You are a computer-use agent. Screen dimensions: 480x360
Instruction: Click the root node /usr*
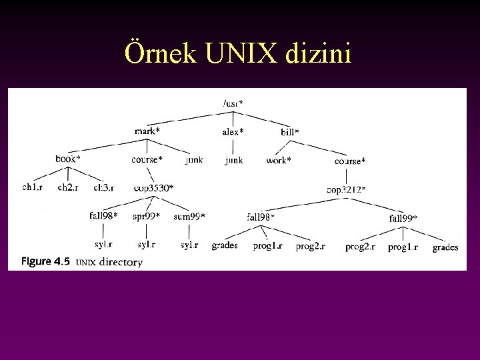tap(233, 103)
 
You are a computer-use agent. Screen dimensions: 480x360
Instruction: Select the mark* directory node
tap(147, 131)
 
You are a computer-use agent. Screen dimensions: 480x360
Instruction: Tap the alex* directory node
tap(233, 132)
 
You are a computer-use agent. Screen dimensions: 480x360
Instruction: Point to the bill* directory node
tap(290, 132)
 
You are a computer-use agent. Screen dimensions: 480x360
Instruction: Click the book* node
tap(68, 159)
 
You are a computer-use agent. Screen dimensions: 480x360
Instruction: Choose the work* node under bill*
tap(279, 160)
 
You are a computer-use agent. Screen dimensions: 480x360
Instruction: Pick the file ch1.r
tap(32, 188)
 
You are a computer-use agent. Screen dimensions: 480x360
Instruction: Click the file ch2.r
tap(67, 188)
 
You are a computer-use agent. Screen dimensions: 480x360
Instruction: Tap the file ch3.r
tap(103, 188)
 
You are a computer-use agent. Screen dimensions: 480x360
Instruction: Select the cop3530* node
tap(153, 188)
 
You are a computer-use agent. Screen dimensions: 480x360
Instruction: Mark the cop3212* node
tap(346, 189)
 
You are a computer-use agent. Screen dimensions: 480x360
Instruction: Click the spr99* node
tap(146, 216)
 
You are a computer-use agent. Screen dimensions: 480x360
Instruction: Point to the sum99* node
tap(189, 216)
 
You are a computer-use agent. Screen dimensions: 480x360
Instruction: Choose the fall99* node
tap(403, 218)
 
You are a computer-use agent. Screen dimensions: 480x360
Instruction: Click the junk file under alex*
tap(233, 160)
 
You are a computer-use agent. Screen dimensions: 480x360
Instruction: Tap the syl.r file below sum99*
tap(189, 245)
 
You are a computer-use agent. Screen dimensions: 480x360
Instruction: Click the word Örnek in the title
tap(160, 54)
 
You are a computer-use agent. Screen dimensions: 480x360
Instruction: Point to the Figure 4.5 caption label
tap(45, 261)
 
